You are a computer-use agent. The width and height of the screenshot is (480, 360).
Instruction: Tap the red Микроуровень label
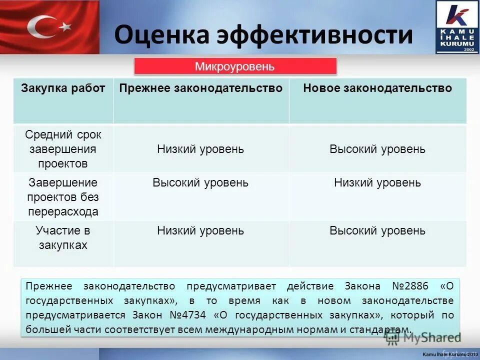point(235,66)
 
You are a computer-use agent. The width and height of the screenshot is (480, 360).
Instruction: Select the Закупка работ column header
point(63,88)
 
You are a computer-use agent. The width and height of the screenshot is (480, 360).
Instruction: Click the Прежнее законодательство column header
point(200,88)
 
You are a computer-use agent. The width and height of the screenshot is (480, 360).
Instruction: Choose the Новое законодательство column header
point(377,88)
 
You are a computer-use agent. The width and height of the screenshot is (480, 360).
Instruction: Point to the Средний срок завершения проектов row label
point(63,149)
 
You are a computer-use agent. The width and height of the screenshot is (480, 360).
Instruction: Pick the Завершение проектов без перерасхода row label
point(63,196)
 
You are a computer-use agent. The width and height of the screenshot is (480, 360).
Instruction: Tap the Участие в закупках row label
point(63,238)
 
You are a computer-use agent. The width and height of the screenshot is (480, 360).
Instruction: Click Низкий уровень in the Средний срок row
point(200,149)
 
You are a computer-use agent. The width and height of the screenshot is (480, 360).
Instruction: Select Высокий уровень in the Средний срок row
point(377,149)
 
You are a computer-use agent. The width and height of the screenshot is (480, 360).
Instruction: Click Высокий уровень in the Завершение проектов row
point(200,182)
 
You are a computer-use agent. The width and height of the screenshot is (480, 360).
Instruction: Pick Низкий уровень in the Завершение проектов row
point(377,182)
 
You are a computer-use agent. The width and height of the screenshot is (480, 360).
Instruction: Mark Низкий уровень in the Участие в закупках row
point(200,230)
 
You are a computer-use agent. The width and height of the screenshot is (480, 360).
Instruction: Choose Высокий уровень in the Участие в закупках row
point(377,230)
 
